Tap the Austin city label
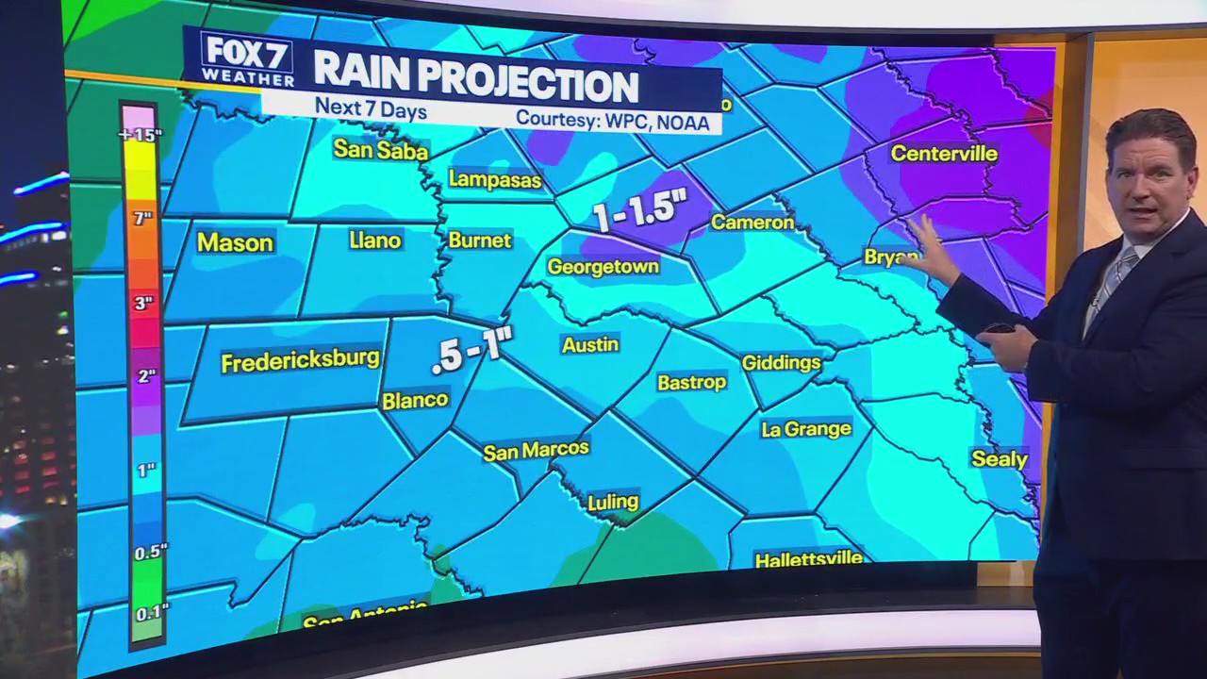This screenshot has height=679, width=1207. [590, 345]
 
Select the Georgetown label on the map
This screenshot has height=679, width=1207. [603, 267]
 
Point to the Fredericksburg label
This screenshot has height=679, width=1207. [300, 360]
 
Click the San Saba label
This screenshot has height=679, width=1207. [381, 149]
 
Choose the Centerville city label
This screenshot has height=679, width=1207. [944, 153]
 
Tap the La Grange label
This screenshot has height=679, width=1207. [806, 429]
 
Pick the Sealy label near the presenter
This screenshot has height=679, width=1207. [1000, 459]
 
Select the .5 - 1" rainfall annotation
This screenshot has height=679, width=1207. [471, 353]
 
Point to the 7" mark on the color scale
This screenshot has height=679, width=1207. [141, 219]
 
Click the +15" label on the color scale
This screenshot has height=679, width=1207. [141, 135]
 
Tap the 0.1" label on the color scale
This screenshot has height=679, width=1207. [145, 613]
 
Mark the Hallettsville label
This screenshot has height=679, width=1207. [808, 558]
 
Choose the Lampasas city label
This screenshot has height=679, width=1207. [495, 179]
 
